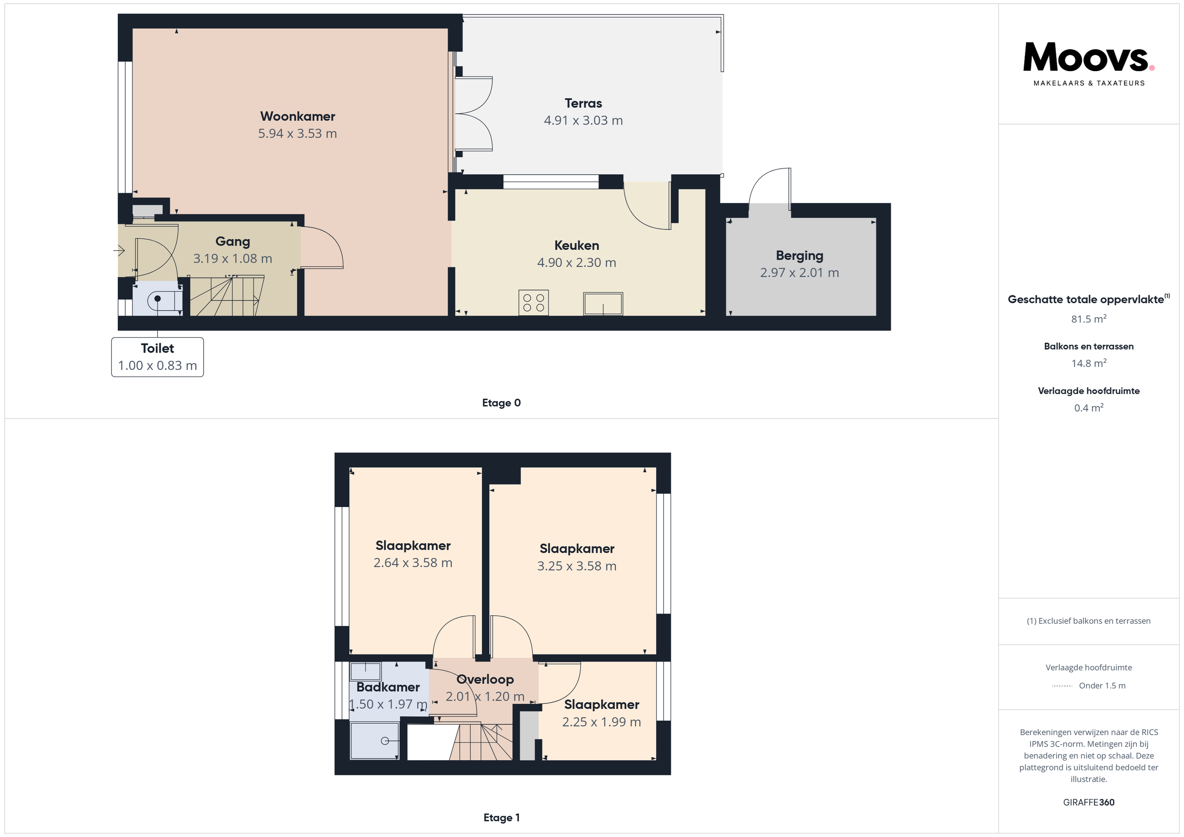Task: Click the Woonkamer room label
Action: [x=298, y=116]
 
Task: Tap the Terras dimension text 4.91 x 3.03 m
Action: [x=583, y=121]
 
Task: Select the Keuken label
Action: [x=576, y=245]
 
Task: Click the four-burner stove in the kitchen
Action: [x=533, y=302]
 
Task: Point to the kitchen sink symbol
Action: [x=603, y=304]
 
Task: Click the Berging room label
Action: [x=799, y=256]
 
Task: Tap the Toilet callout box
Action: [x=157, y=357]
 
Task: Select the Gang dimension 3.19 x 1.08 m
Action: [x=233, y=259]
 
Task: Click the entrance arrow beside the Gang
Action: [x=119, y=251]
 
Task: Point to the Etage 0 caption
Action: [x=501, y=403]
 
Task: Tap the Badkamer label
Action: [x=388, y=687]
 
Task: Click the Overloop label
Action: [x=485, y=679]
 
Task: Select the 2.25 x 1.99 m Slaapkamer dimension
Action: [x=601, y=722]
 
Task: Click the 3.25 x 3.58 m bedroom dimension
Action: [x=576, y=566]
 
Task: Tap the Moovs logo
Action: [x=1089, y=63]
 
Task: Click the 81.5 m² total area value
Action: [x=1089, y=318]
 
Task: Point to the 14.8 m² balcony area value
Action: [x=1089, y=363]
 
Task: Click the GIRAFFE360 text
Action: [x=1089, y=802]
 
